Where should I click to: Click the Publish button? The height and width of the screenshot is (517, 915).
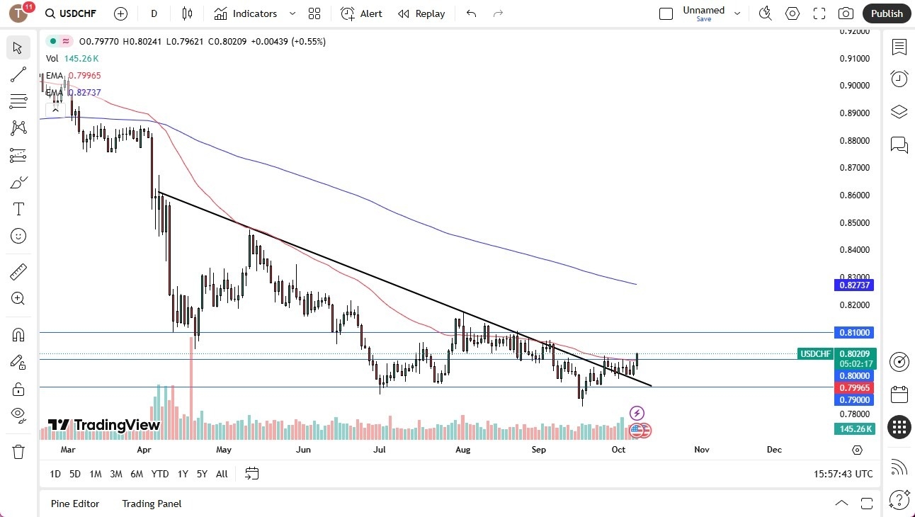tap(887, 13)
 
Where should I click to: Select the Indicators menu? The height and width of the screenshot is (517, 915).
tap(254, 13)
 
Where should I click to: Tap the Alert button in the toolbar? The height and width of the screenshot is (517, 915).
tap(362, 13)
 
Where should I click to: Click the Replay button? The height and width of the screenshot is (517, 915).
tap(421, 13)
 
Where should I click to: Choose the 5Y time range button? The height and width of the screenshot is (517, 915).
tap(202, 474)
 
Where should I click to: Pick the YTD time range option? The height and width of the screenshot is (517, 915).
tap(160, 474)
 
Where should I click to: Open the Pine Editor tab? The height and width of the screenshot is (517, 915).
tap(75, 504)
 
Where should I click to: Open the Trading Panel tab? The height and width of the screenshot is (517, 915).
tap(152, 504)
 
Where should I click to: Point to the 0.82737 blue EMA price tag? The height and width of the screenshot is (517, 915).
tap(855, 285)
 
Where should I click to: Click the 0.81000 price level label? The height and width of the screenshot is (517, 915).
tap(855, 332)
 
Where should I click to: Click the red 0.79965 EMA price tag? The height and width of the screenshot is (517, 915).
tap(855, 388)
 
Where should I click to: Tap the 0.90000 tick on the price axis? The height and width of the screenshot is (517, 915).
tap(854, 86)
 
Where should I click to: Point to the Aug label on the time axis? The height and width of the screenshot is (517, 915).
tap(462, 450)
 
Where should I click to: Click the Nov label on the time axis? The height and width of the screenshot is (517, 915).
tap(701, 450)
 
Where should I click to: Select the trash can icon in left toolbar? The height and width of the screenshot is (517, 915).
tap(18, 451)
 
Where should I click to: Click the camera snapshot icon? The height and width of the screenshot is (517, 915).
tap(846, 13)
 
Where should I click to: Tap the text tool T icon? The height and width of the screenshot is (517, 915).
tap(18, 209)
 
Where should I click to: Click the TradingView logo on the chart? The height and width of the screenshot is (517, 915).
tap(104, 425)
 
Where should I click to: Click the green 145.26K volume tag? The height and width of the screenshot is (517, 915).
tap(855, 428)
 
